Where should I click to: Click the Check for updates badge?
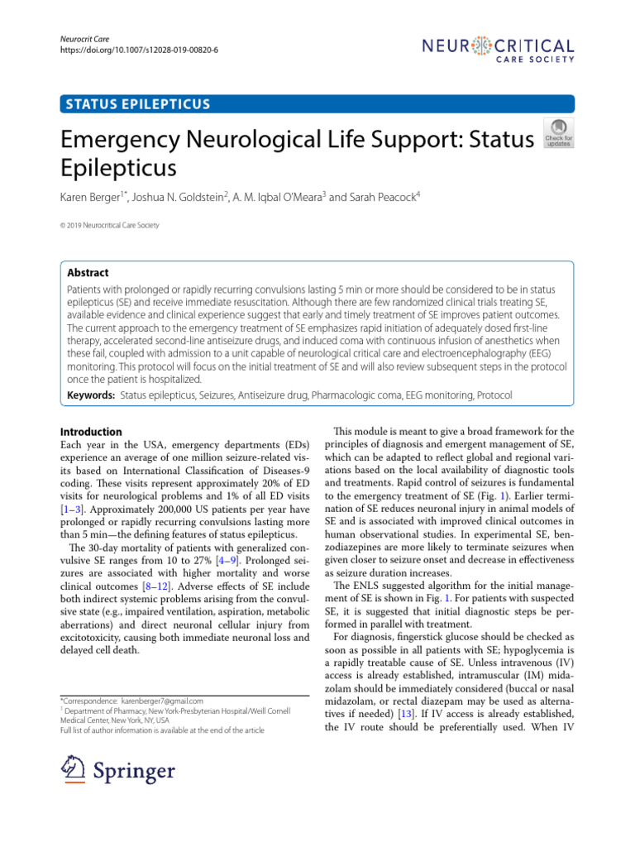[556, 133]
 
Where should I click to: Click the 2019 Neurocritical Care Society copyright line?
[111, 225]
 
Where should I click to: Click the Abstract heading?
[88, 272]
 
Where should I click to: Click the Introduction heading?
[92, 432]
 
